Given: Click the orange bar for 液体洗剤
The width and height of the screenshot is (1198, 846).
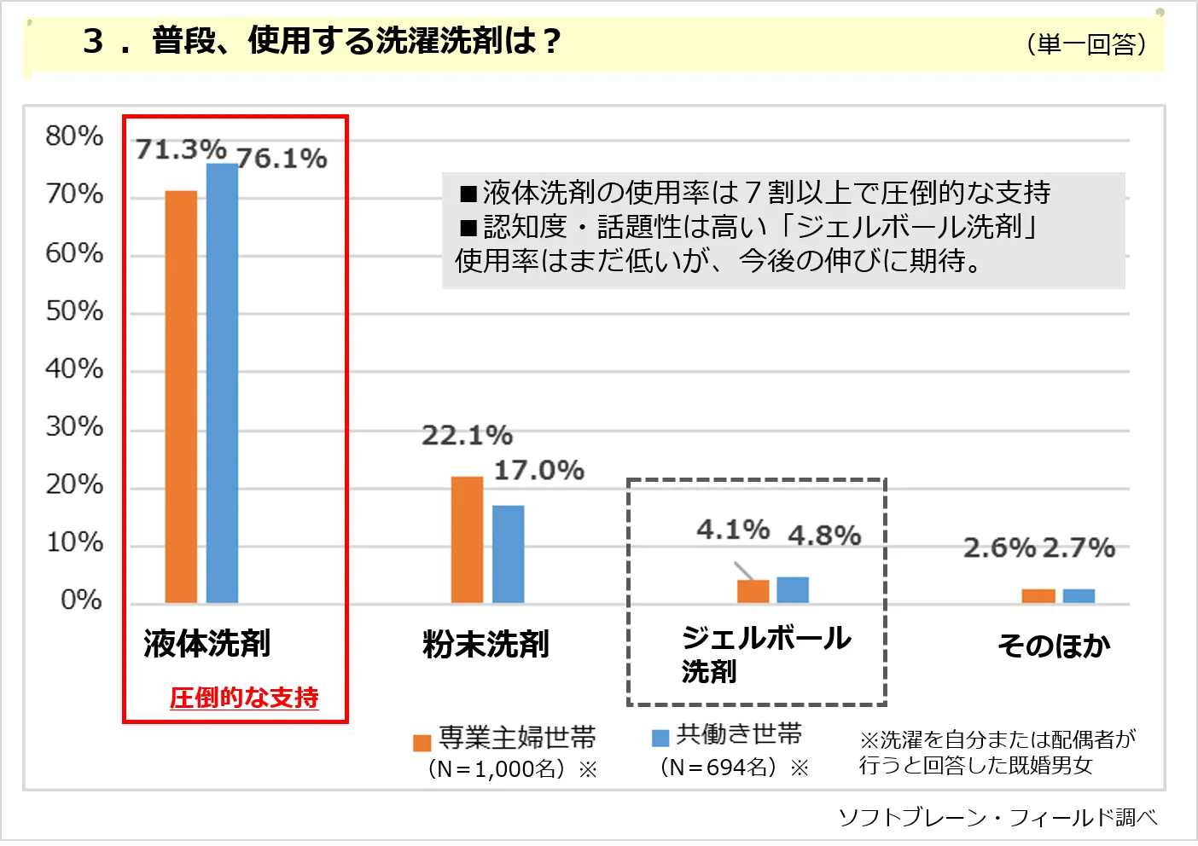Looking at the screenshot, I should coord(181,397).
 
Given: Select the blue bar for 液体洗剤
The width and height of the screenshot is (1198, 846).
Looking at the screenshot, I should coord(222,384).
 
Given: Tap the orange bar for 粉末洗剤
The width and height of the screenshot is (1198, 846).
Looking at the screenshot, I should coord(467,540).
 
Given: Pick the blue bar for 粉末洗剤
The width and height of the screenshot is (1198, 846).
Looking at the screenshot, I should coord(509,554).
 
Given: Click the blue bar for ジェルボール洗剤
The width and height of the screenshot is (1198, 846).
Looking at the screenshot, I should coord(793,590).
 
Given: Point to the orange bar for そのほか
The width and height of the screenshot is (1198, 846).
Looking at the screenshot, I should coord(1038,596).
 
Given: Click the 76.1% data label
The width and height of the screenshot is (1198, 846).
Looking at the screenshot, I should coord(282,159).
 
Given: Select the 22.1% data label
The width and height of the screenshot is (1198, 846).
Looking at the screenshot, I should coord(467,436).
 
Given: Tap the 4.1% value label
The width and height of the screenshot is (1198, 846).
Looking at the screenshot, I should coord(733,530).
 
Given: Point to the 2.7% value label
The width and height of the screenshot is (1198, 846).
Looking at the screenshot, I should coord(1079,548).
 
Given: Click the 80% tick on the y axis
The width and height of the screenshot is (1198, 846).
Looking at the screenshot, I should coord(74,136).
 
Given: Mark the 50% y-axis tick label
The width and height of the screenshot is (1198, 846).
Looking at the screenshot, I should coord(74,311).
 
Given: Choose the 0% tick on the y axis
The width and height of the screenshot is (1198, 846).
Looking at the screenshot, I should coord(81,600).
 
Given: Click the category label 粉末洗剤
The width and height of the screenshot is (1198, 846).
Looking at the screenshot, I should coord(486,645).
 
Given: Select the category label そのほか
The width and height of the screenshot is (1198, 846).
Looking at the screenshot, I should coord(1054,646).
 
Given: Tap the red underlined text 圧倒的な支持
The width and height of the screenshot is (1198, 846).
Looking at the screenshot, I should coord(244,698).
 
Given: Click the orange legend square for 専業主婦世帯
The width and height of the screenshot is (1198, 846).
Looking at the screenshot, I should coord(422,743).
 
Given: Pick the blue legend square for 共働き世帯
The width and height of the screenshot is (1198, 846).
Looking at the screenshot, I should coord(660,738).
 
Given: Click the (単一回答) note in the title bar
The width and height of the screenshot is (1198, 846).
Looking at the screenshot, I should coord(1086,43).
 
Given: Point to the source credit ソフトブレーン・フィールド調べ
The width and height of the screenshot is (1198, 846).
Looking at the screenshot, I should coord(997,818).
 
